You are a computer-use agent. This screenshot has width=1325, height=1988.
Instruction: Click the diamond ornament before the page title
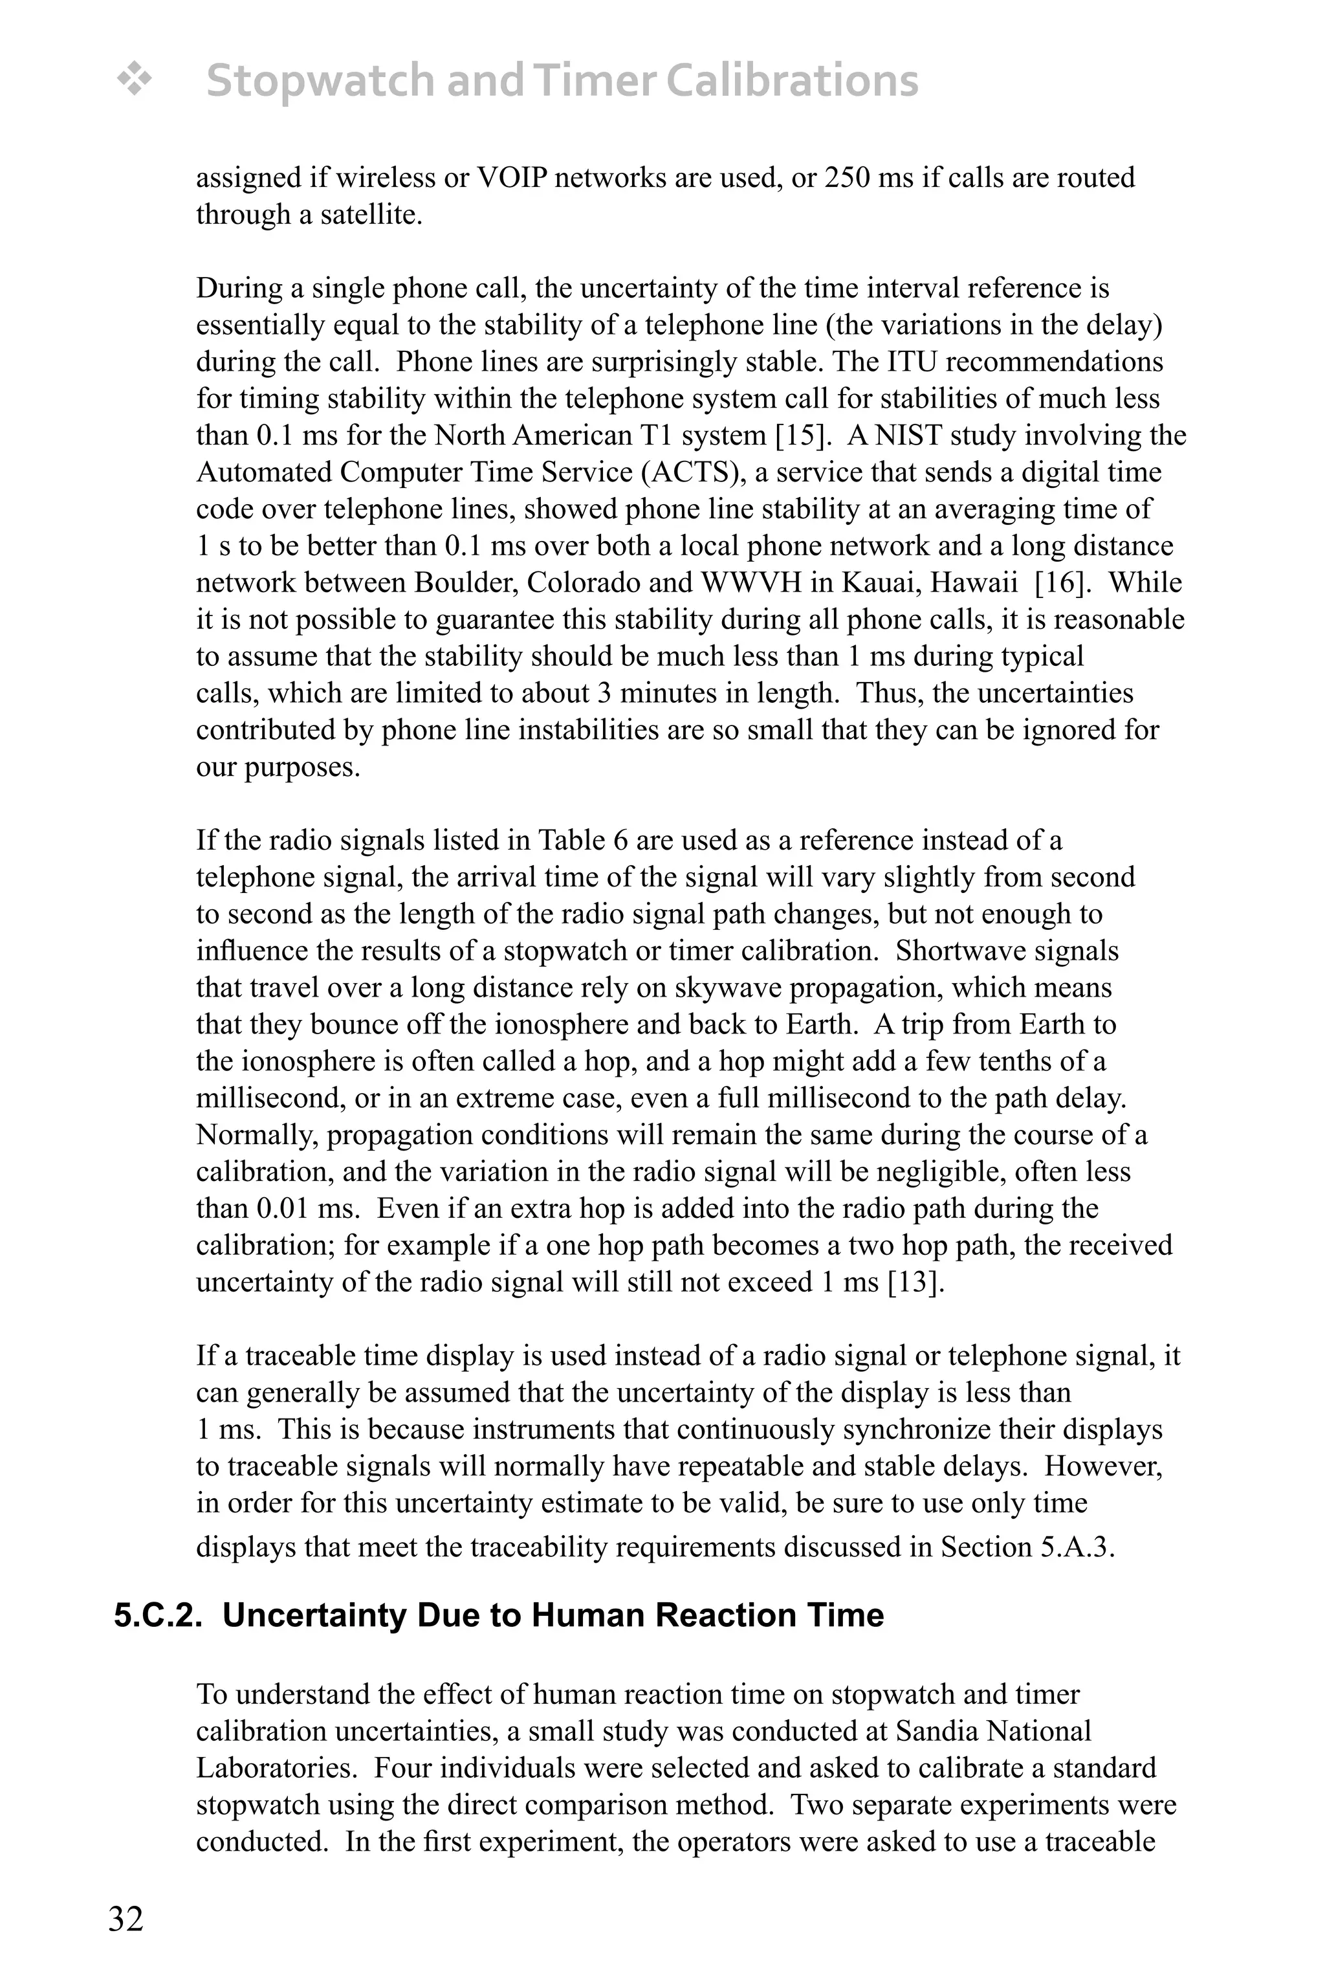pos(133,81)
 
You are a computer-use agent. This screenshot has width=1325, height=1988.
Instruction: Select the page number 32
pos(126,1919)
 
